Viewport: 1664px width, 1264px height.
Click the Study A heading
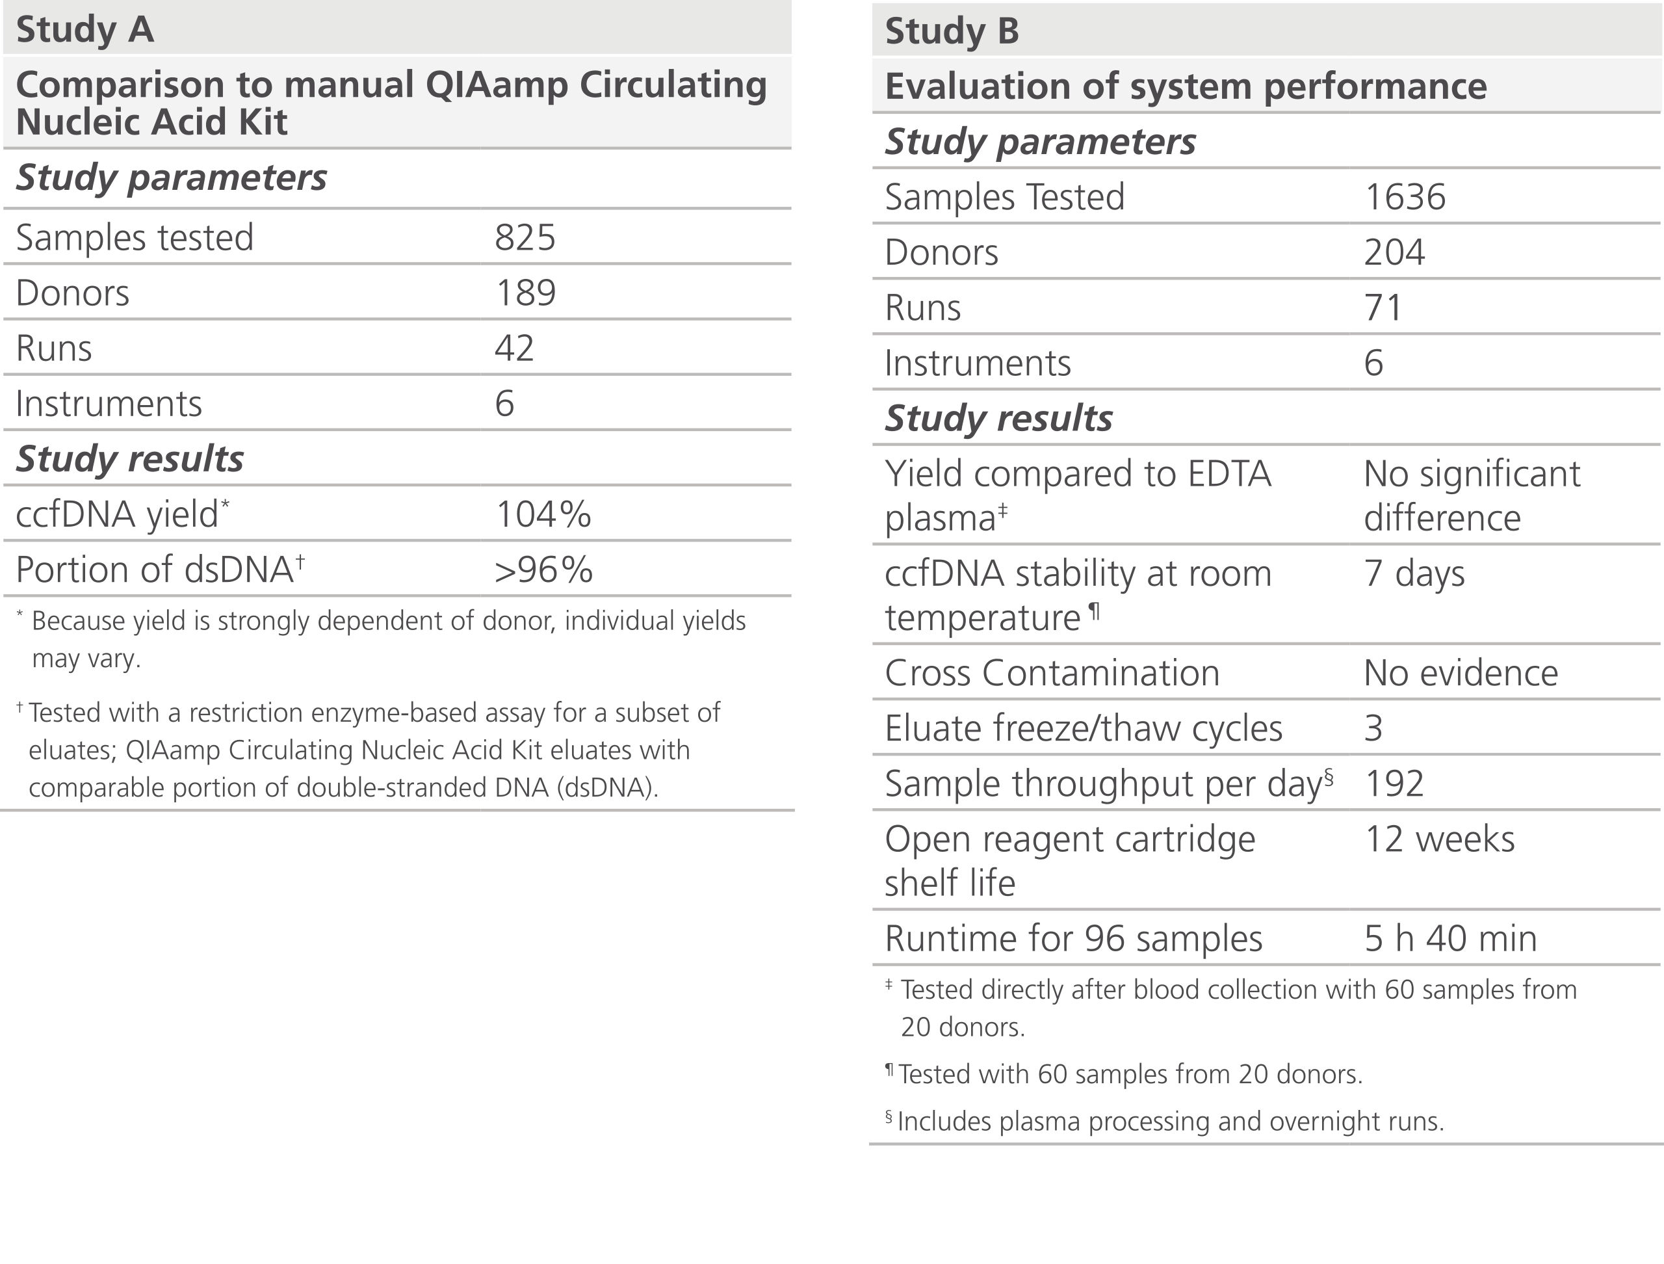85,30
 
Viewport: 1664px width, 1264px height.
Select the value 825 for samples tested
525,238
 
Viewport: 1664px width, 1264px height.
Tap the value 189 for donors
525,293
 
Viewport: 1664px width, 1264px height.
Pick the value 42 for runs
515,349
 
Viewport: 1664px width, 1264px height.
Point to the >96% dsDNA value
543,570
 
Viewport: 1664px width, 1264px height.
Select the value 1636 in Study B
1405,197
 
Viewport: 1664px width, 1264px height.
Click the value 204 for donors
1394,253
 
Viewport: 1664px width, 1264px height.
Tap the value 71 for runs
1383,308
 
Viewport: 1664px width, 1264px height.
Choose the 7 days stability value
1414,574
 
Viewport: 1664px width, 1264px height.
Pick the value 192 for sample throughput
1394,784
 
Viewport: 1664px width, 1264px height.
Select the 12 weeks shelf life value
1439,839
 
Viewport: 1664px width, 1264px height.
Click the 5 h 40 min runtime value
1449,939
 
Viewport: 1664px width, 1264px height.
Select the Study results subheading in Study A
129,459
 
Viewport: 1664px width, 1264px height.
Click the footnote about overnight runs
1170,1122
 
